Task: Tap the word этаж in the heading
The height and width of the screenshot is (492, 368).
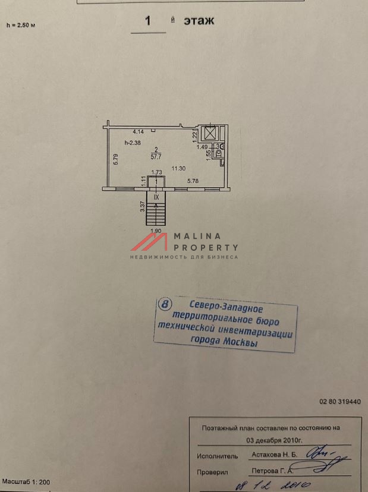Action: [x=198, y=21]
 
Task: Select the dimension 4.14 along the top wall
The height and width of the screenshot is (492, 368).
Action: [x=139, y=131]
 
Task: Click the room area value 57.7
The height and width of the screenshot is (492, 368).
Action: [x=156, y=156]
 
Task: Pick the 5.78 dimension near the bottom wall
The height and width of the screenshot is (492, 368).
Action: [x=194, y=180]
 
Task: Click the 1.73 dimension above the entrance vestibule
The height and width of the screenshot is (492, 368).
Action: [x=157, y=173]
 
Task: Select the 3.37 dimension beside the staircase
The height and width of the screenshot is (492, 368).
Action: [x=143, y=207]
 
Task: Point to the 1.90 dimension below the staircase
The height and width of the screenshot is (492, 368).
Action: [x=156, y=231]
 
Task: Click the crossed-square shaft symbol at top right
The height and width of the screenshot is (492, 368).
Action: [x=210, y=133]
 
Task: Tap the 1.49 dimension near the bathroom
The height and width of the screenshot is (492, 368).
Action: [x=202, y=147]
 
